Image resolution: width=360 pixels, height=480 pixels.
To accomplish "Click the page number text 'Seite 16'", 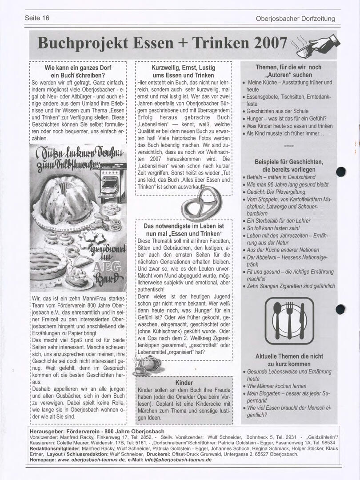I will point(37,18).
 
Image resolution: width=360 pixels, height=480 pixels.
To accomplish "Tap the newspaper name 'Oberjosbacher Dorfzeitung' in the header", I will point(295,19).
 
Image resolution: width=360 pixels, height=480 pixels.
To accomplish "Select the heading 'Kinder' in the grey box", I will point(184,383).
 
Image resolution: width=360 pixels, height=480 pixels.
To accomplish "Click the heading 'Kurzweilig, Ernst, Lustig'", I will point(183,68).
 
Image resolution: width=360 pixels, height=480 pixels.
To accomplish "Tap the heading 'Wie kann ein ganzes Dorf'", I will point(78,68).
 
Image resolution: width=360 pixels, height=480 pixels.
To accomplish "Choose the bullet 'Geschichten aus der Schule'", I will point(277,111).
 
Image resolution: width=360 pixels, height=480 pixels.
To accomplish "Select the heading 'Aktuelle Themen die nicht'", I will point(289,356).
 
